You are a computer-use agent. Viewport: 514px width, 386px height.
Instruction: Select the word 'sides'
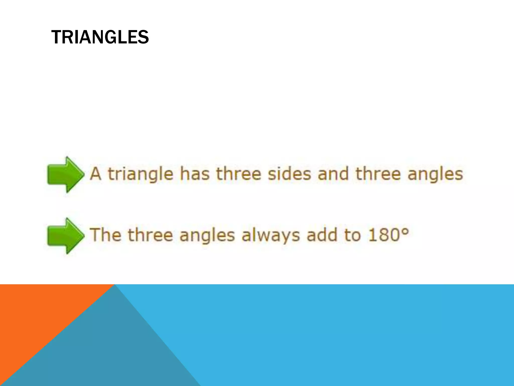289,174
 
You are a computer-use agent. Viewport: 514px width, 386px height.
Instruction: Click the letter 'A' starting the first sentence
96,174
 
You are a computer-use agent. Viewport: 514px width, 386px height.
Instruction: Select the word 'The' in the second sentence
105,235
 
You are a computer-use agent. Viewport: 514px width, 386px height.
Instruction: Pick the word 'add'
322,235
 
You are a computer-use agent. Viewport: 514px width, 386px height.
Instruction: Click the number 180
383,235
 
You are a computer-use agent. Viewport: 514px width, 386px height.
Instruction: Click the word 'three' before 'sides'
239,174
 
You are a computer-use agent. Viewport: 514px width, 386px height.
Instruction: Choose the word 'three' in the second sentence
150,235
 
